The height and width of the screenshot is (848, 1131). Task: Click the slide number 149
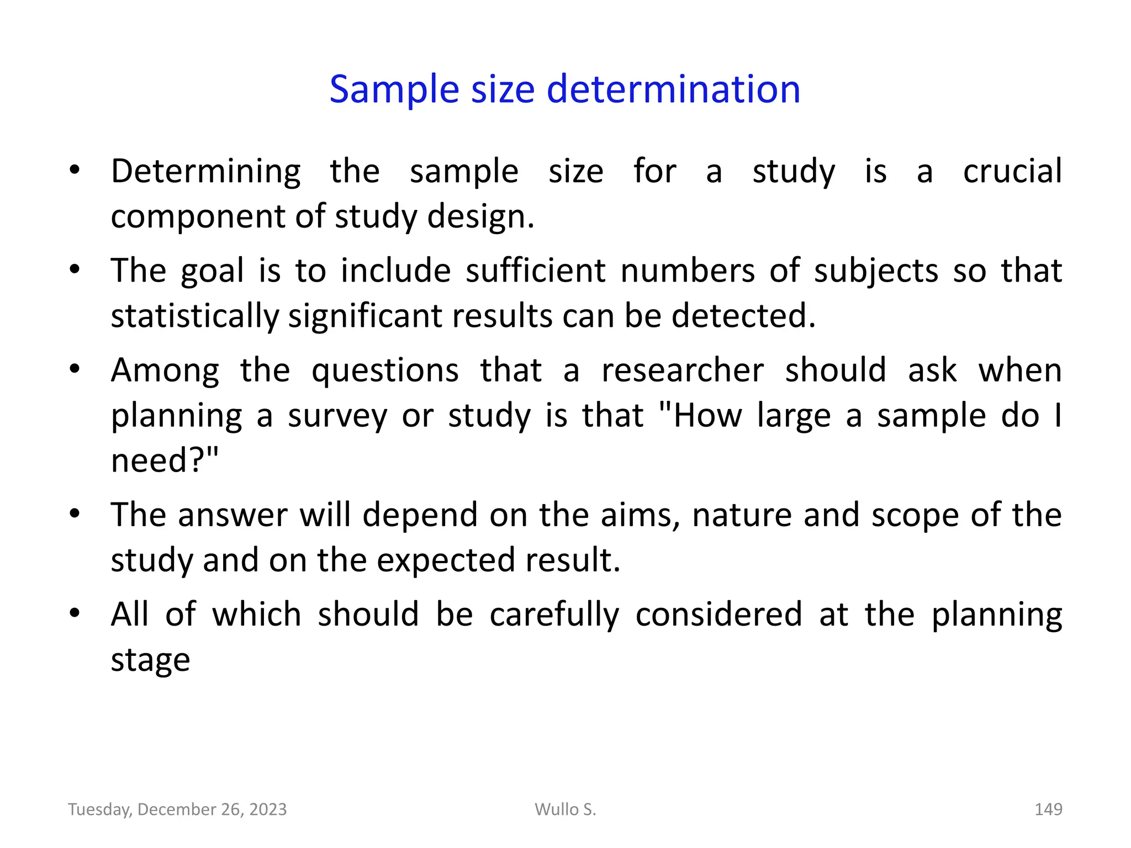[x=1048, y=809]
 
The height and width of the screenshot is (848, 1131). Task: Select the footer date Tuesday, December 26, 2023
[x=177, y=809]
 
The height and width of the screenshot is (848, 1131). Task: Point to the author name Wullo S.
[x=565, y=809]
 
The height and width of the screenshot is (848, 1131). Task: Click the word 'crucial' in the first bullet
[x=1012, y=171]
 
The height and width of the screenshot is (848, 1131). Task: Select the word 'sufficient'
[x=536, y=271]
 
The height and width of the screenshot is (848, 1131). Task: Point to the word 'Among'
[x=165, y=371]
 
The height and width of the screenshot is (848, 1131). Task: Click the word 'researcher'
[x=683, y=370]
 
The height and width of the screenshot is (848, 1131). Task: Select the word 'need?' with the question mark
[x=164, y=460]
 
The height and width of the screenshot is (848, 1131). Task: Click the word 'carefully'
[x=554, y=615]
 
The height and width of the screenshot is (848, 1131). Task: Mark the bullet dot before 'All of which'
[x=75, y=613]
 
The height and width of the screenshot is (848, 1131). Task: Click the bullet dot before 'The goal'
[x=75, y=270]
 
